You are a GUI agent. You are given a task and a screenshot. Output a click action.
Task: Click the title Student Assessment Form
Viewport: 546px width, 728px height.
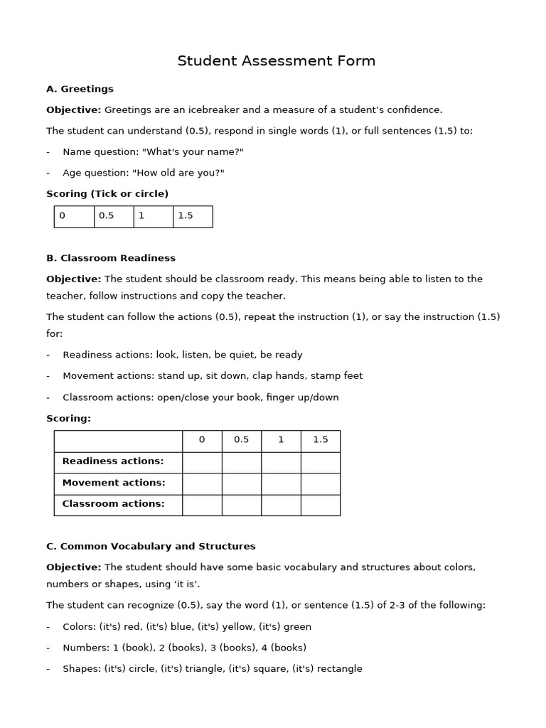pyautogui.click(x=276, y=61)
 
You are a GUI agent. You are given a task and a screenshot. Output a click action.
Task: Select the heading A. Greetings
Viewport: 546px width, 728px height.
pyautogui.click(x=80, y=89)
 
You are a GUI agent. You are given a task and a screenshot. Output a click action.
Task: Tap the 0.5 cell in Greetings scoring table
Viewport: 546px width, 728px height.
pyautogui.click(x=113, y=216)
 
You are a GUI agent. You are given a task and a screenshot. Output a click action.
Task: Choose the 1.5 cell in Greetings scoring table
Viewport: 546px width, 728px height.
pyautogui.click(x=192, y=216)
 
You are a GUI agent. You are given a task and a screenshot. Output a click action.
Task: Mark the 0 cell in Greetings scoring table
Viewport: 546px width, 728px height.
pyautogui.click(x=74, y=216)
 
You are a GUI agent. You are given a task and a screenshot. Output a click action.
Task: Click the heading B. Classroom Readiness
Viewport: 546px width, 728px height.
pyautogui.click(x=110, y=258)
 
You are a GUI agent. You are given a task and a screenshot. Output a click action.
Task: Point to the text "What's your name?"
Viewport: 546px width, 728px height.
pyautogui.click(x=183, y=152)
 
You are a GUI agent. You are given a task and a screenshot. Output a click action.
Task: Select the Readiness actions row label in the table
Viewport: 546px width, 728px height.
pyautogui.click(x=113, y=461)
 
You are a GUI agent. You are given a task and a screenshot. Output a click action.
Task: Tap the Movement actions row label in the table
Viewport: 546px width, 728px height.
pyautogui.click(x=114, y=483)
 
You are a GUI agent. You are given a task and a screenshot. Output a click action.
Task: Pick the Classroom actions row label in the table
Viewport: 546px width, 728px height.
pyautogui.click(x=113, y=504)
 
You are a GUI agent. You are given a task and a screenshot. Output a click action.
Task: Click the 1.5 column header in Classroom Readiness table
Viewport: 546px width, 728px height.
pyautogui.click(x=320, y=440)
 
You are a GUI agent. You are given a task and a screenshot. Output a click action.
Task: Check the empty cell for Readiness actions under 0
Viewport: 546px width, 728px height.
pyautogui.click(x=202, y=462)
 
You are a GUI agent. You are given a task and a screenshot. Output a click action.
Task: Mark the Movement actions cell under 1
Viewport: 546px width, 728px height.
pyautogui.click(x=281, y=483)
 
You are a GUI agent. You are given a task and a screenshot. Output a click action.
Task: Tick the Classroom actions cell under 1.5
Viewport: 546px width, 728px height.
pyautogui.click(x=320, y=505)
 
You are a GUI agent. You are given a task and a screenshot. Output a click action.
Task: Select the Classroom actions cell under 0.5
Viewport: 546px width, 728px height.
pyautogui.click(x=241, y=505)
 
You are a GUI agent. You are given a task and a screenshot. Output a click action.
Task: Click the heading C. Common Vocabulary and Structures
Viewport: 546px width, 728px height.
pyautogui.click(x=151, y=546)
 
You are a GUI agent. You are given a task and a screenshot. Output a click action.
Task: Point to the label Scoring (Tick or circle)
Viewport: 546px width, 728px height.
pyautogui.click(x=107, y=193)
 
